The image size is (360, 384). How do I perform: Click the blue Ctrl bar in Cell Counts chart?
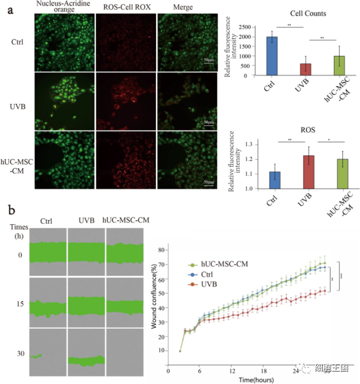click(272, 56)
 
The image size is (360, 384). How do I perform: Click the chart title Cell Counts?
click(307, 14)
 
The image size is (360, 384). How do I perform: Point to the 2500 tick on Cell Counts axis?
click(252, 27)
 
